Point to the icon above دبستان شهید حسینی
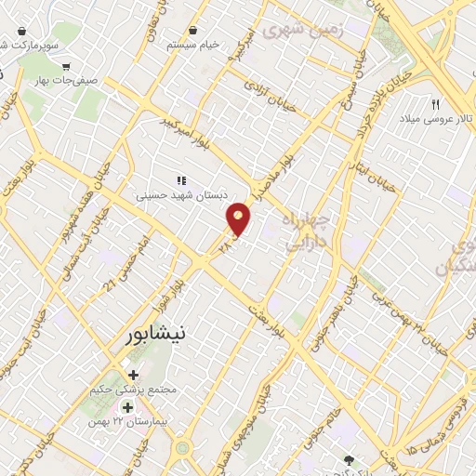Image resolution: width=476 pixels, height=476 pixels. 181,180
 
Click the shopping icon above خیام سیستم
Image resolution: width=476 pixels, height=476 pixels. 192,30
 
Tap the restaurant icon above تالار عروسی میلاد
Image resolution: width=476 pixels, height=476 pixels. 434,103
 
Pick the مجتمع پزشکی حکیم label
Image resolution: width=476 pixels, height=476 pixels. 136,390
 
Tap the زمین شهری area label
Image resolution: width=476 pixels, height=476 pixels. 302,30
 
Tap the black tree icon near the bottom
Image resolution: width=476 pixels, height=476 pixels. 350,459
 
